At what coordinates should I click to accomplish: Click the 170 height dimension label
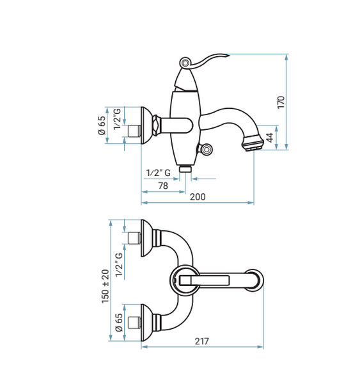click(281, 102)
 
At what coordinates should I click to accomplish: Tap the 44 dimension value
click(269, 138)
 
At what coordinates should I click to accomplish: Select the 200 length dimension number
click(198, 197)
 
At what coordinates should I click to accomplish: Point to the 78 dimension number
click(163, 186)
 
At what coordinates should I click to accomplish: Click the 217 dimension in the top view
click(201, 341)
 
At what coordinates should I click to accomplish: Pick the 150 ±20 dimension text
click(106, 286)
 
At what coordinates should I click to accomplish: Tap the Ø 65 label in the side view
click(102, 125)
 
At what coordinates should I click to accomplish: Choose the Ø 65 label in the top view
click(119, 323)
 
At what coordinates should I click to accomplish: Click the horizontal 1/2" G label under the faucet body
click(159, 173)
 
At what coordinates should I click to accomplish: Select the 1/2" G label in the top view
click(119, 265)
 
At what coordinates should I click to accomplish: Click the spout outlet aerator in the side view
click(253, 143)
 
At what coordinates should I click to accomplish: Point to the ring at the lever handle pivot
click(185, 63)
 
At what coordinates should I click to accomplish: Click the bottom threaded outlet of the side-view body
click(185, 169)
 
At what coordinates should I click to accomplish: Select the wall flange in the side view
click(146, 125)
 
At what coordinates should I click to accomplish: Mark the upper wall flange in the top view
click(146, 238)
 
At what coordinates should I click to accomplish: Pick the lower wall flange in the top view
click(146, 323)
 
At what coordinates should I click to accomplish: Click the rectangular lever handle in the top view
click(205, 280)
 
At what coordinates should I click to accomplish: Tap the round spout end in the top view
click(254, 280)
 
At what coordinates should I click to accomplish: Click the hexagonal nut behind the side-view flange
click(156, 125)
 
